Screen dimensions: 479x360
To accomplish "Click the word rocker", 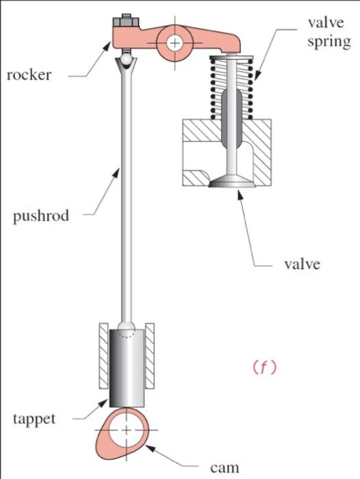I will [x=29, y=75].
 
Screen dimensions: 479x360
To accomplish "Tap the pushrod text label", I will [x=41, y=217].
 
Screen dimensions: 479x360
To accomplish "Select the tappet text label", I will [x=34, y=418].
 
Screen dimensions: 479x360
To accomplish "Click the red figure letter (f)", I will [x=263, y=367].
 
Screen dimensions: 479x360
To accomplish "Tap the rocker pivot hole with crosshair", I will [x=176, y=42].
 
